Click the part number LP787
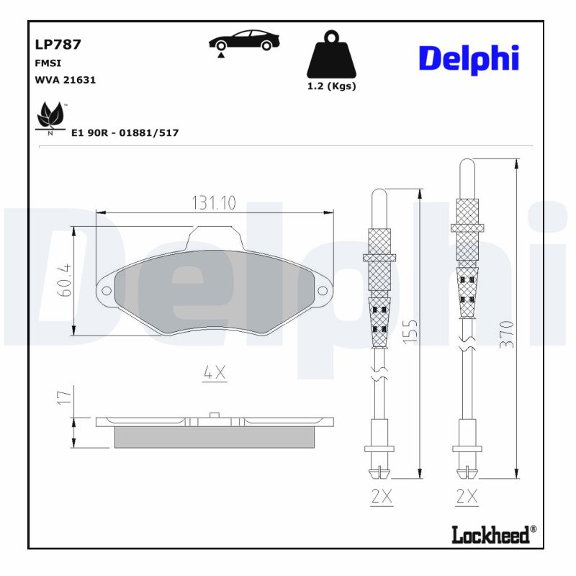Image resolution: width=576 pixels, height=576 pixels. pos(58,44)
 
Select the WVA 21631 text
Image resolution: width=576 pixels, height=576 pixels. pos(66,80)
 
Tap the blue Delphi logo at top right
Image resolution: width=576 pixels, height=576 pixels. pos(469,58)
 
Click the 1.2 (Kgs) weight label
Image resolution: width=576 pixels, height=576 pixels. pos(332,86)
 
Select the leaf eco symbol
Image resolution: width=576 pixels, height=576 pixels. pos(50,117)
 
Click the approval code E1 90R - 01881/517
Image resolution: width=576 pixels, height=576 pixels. pos(125,132)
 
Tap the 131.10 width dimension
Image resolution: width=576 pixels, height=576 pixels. pos(214,203)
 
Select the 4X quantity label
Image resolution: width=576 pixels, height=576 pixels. pos(215,372)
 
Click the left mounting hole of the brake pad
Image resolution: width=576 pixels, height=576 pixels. pos(107,291)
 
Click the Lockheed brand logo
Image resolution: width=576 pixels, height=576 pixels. pos(493,534)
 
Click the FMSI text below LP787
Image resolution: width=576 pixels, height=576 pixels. pos(48,63)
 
